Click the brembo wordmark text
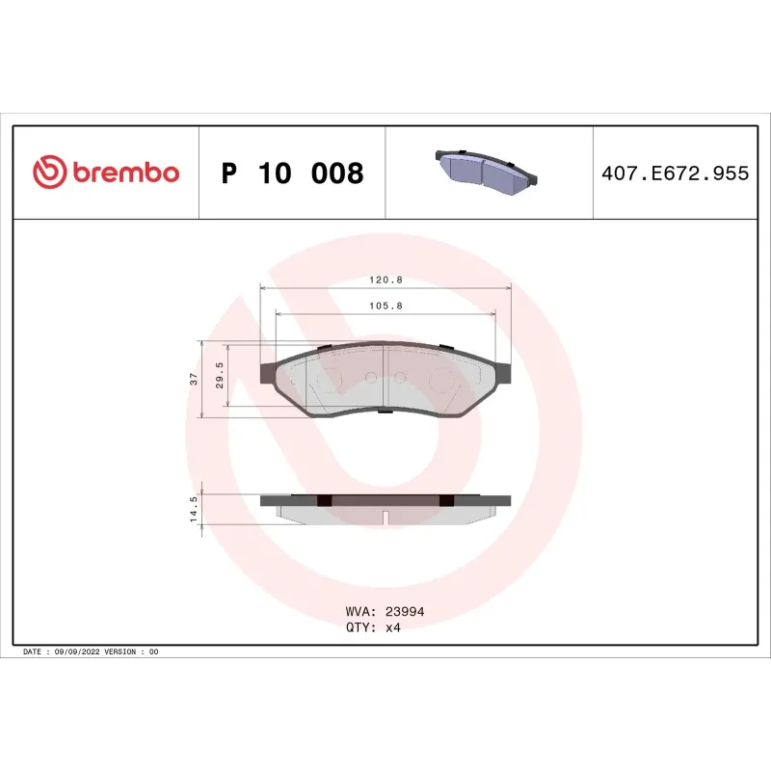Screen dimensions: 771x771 coord(126,173)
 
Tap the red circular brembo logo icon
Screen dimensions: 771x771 coord(50,172)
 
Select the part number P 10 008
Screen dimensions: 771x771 coord(292,173)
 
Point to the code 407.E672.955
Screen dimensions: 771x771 coord(676,173)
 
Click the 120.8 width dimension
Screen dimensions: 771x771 coord(386,279)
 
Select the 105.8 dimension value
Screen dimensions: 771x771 coord(386,306)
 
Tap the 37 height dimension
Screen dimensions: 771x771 coord(194,379)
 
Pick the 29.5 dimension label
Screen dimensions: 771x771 coord(220,375)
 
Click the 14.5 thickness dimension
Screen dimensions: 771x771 coord(194,509)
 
